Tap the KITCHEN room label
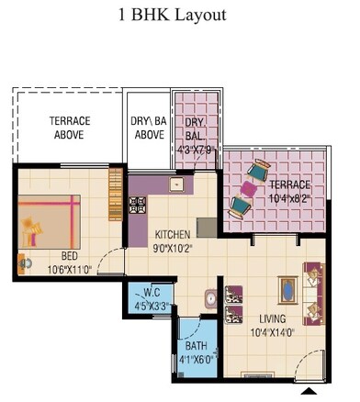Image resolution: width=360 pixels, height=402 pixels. click(173, 233)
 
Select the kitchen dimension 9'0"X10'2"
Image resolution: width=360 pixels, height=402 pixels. click(174, 246)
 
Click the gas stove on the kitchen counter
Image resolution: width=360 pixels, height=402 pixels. click(139, 206)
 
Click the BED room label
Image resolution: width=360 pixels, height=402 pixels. click(69, 257)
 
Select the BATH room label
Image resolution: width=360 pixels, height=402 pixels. click(196, 346)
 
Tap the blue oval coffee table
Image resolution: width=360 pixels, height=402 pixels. click(288, 291)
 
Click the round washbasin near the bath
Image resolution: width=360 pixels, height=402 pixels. click(210, 298)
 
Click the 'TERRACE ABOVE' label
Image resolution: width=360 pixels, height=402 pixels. click(67, 128)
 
